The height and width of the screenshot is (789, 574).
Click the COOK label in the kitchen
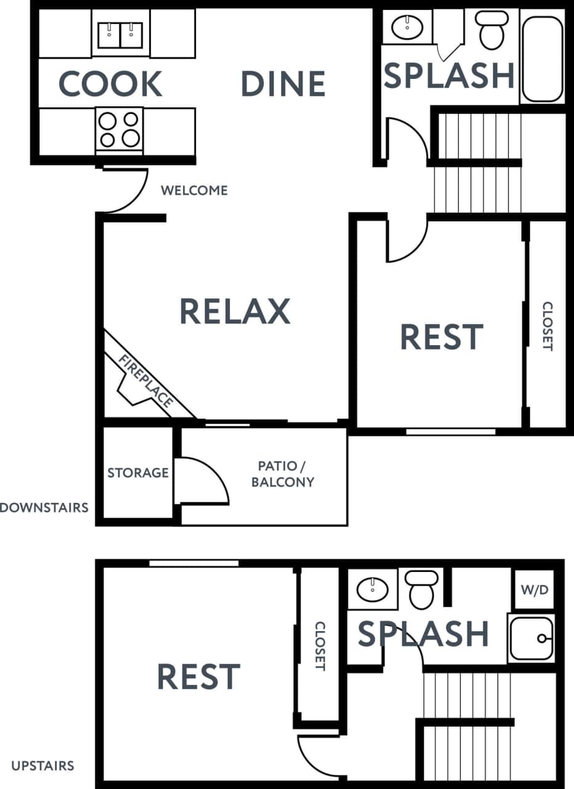coord(110,84)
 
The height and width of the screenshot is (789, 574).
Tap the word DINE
coord(283,84)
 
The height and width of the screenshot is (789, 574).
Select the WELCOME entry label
coord(194,190)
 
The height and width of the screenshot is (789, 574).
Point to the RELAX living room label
coord(235,311)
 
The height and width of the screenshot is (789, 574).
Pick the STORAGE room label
coord(138,473)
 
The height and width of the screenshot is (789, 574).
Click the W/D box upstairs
coord(535,590)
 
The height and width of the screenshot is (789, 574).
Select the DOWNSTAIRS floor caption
coord(44,508)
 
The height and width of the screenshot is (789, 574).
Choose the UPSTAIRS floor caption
coord(43,766)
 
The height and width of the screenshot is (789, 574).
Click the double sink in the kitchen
coord(121,35)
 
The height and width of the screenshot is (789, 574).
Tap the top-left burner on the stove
coord(107,119)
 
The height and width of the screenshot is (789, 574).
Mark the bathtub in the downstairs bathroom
coord(542,59)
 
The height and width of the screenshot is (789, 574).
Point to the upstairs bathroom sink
coord(373,589)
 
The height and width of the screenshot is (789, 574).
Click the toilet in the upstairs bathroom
coord(422,589)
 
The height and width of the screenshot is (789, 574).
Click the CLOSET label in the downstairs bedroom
coord(547,326)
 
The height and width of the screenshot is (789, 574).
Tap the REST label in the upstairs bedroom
coord(199,677)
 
